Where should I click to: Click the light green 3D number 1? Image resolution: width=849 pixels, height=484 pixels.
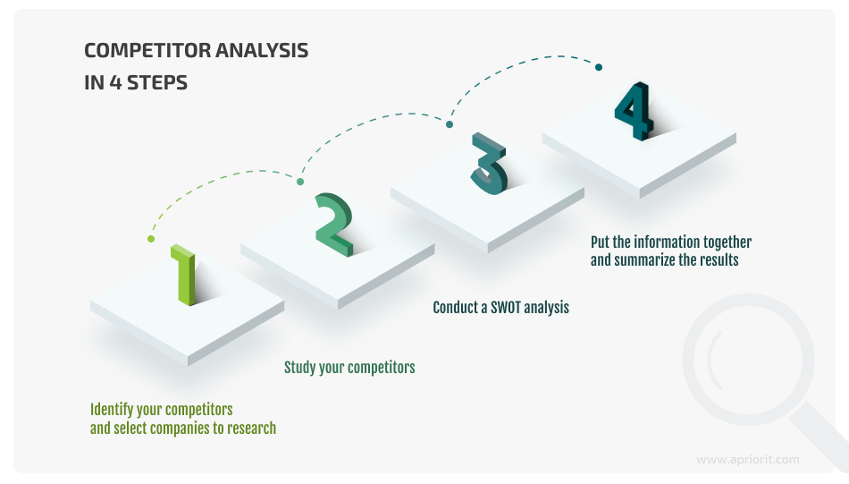185,276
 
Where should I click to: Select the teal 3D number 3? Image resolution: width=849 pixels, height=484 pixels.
489,164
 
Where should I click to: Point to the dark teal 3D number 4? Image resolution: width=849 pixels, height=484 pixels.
634,112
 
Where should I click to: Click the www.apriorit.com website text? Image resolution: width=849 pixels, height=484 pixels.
747,460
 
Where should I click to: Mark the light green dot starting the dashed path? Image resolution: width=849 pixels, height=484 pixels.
151,239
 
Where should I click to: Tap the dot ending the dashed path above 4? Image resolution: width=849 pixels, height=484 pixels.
599,67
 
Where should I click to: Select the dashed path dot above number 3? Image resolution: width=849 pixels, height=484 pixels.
450,124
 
